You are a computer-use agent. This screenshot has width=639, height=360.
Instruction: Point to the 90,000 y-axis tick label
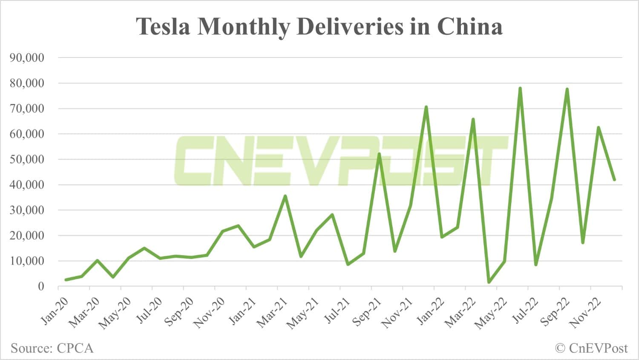tap(26, 58)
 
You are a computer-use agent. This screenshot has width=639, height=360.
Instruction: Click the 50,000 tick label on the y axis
tap(26, 159)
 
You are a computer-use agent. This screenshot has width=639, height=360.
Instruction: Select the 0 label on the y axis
tap(41, 286)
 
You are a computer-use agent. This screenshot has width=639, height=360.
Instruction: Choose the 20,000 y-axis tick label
tap(26, 236)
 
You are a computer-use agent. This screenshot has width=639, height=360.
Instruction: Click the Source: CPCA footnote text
tap(52, 348)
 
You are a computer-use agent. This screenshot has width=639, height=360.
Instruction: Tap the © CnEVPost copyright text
tap(591, 348)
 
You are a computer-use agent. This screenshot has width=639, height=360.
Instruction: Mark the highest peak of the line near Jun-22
tap(520, 88)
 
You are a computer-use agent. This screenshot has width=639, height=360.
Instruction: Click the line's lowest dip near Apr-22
tap(489, 282)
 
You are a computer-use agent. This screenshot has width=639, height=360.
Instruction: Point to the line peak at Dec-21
tap(426, 107)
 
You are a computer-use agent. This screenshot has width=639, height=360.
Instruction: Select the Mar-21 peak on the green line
tap(285, 196)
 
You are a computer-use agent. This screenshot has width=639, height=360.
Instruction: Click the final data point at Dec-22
tap(614, 180)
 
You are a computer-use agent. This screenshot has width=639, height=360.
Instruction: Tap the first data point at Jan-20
tap(66, 280)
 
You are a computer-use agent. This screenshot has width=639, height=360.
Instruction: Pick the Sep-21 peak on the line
tap(379, 153)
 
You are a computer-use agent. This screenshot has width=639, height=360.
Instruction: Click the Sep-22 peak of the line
tap(567, 89)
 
